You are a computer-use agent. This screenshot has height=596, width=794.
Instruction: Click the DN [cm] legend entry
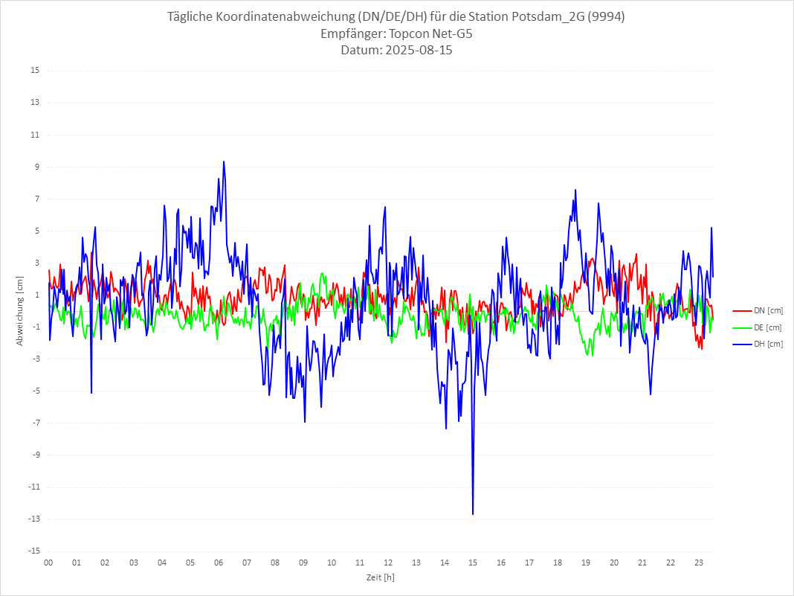pyautogui.click(x=758, y=310)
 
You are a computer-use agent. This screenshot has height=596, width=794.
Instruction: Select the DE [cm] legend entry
pyautogui.click(x=758, y=327)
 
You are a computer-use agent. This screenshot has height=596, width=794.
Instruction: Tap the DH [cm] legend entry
pyautogui.click(x=758, y=344)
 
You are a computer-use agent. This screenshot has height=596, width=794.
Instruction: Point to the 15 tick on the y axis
pyautogui.click(x=35, y=71)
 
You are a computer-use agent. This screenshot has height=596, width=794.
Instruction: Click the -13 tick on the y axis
pyautogui.click(x=33, y=519)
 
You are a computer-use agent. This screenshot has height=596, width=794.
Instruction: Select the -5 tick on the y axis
pyautogui.click(x=35, y=391)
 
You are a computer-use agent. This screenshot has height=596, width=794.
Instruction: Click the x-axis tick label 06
pyautogui.click(x=218, y=563)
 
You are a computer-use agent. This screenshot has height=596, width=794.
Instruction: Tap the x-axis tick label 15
pyautogui.click(x=472, y=563)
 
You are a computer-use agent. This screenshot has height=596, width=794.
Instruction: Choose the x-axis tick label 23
pyautogui.click(x=699, y=563)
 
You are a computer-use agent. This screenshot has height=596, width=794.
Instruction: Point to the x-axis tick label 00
pyautogui.click(x=48, y=563)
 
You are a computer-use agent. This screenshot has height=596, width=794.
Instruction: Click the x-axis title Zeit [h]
pyautogui.click(x=381, y=577)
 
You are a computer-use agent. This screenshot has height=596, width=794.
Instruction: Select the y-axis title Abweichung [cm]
pyautogui.click(x=20, y=310)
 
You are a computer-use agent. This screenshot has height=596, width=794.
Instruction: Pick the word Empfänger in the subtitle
pyautogui.click(x=352, y=33)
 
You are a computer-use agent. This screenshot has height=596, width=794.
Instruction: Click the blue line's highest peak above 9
pyautogui.click(x=223, y=161)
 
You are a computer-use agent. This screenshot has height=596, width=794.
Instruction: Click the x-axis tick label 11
pyautogui.click(x=359, y=563)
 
